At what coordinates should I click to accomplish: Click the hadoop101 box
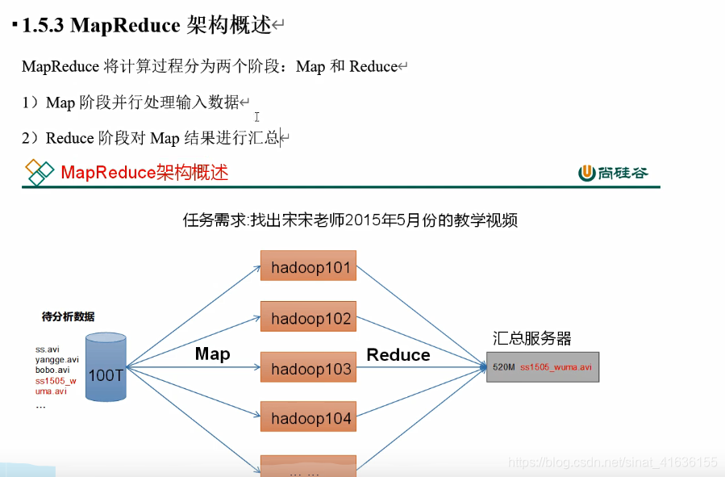click(x=308, y=267)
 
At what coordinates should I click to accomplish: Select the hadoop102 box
click(x=308, y=317)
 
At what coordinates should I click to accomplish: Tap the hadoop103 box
click(x=308, y=368)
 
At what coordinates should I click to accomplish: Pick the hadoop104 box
click(x=308, y=418)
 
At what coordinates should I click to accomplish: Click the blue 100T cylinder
click(x=106, y=368)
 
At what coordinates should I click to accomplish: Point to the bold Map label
click(x=212, y=354)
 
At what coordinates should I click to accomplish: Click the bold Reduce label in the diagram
click(x=398, y=354)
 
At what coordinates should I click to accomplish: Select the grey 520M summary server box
click(x=543, y=366)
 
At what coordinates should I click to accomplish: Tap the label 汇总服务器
click(x=532, y=338)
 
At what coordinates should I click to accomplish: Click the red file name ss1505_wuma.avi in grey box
click(x=556, y=367)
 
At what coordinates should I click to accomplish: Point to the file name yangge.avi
click(x=56, y=360)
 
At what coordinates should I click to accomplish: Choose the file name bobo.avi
click(x=52, y=370)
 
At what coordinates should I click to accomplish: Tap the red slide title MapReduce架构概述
click(x=144, y=172)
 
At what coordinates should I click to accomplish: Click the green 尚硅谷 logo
click(x=613, y=172)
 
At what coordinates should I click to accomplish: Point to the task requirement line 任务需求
click(x=350, y=220)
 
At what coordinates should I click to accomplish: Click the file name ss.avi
click(x=48, y=349)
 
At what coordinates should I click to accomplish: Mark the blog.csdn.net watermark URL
click(x=613, y=462)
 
